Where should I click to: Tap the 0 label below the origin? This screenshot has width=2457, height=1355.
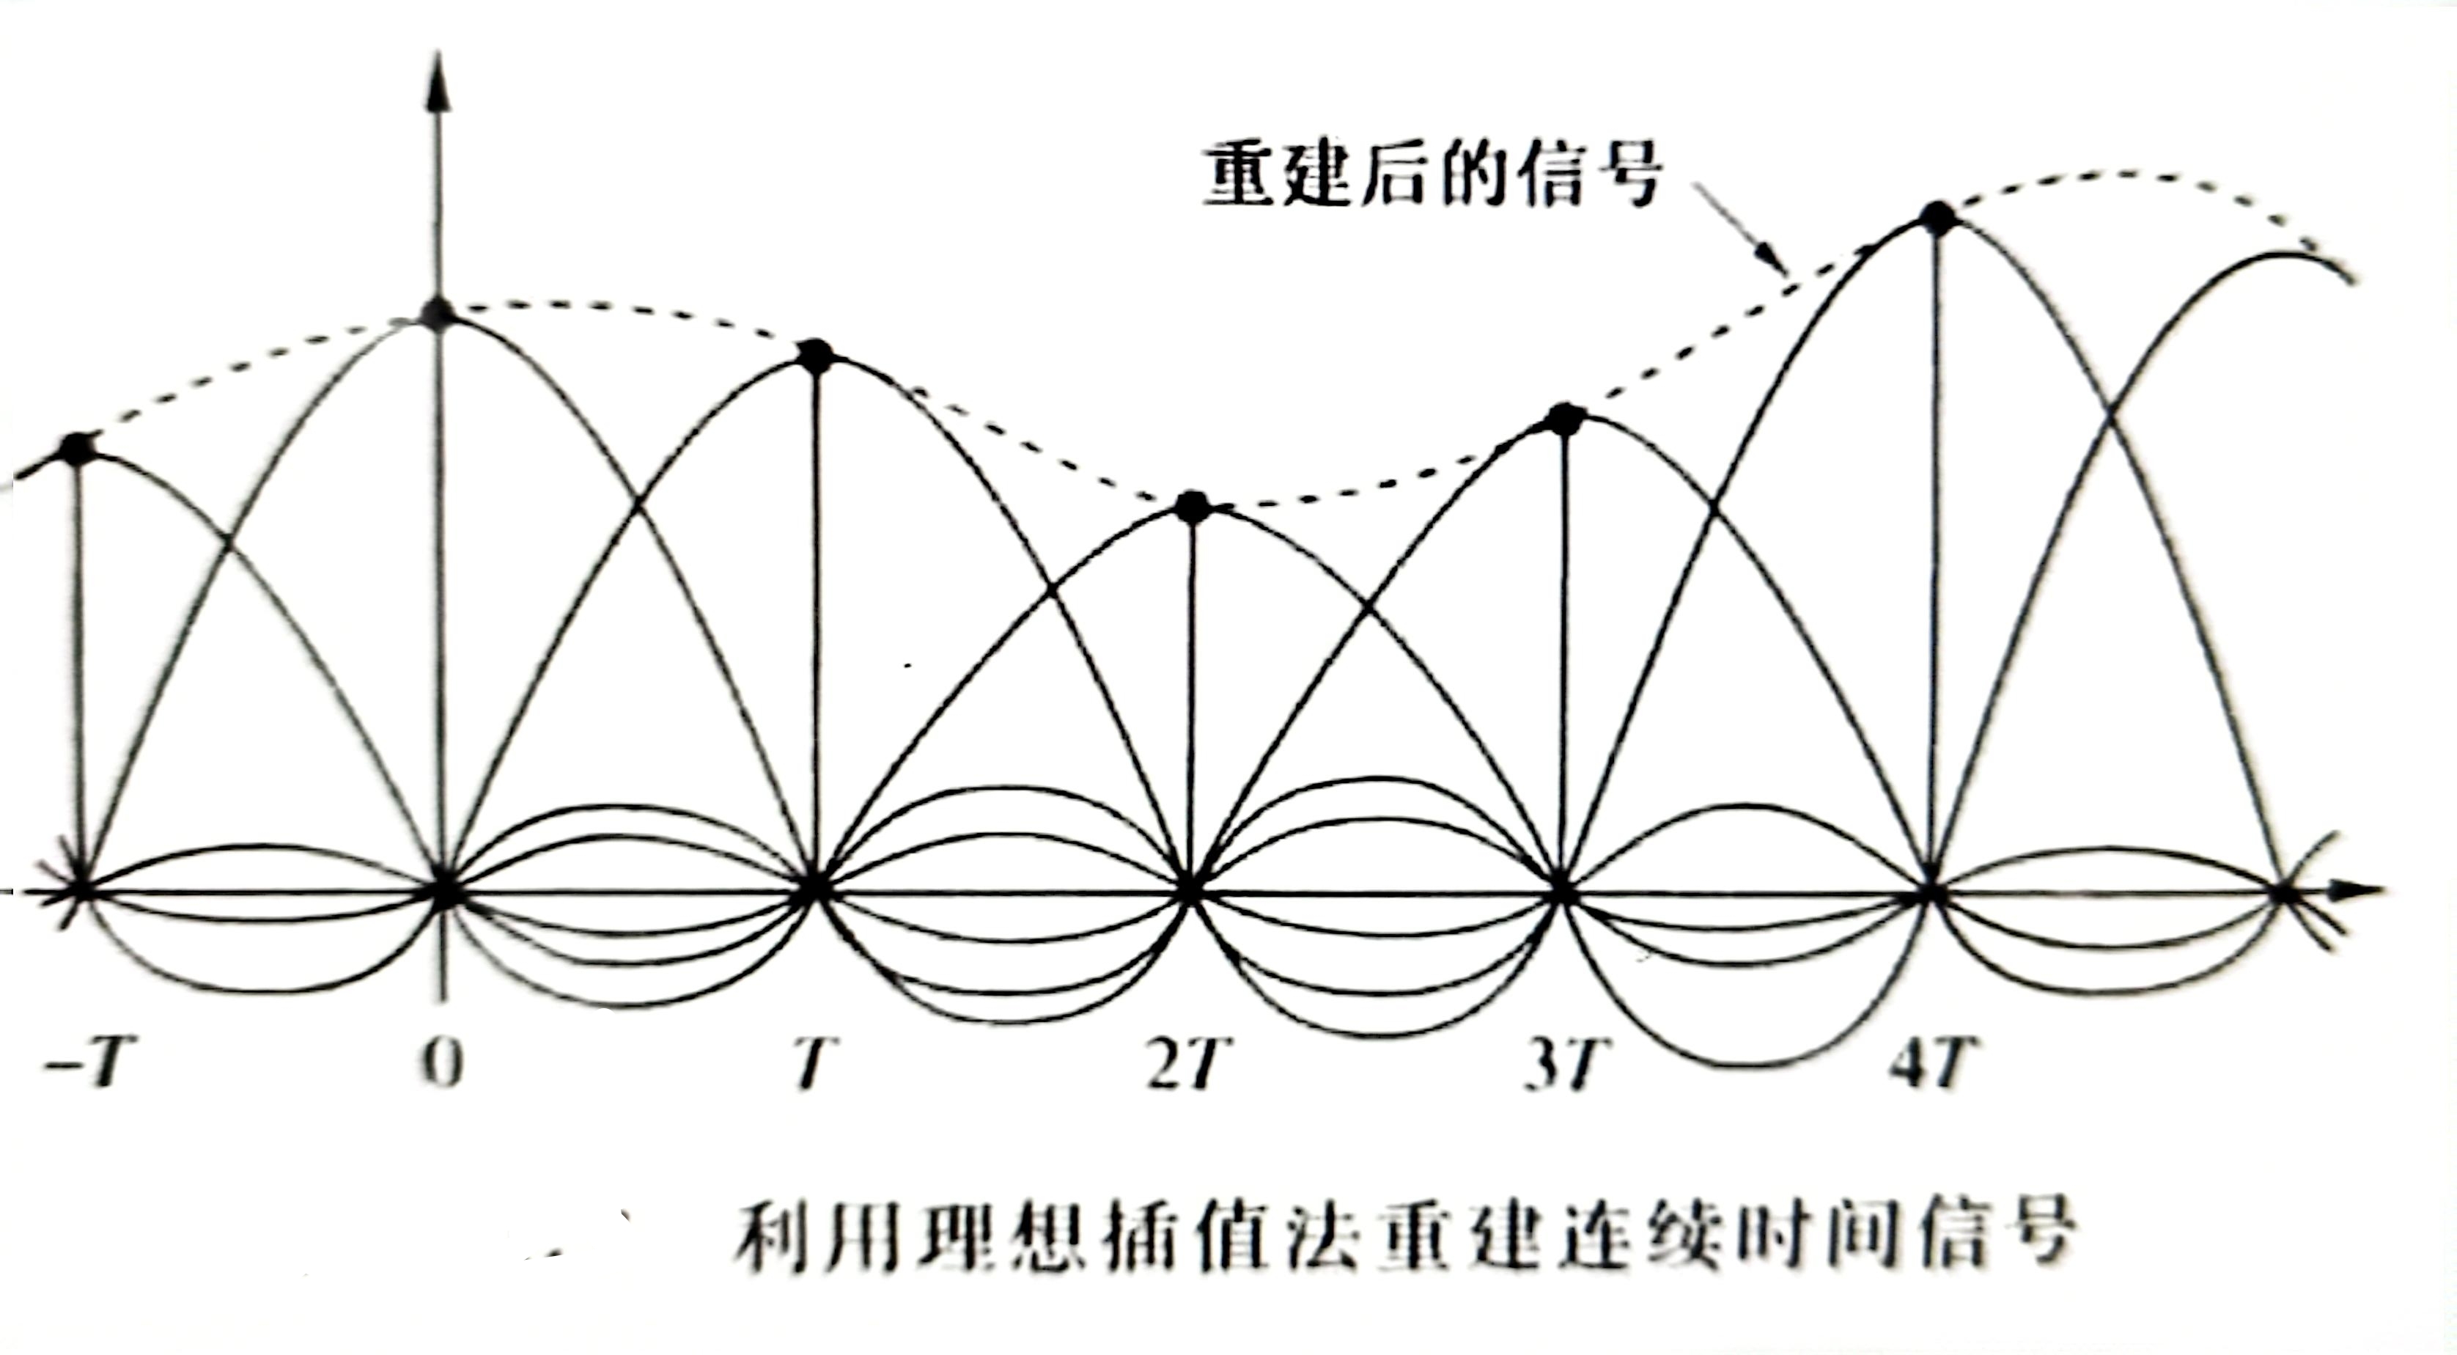point(441,1065)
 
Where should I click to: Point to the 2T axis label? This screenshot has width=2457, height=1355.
point(1184,1065)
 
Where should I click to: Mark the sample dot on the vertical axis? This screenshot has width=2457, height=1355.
point(440,312)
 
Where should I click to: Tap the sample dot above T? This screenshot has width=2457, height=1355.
point(816,356)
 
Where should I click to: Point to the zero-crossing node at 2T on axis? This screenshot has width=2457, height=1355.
point(1187,892)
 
